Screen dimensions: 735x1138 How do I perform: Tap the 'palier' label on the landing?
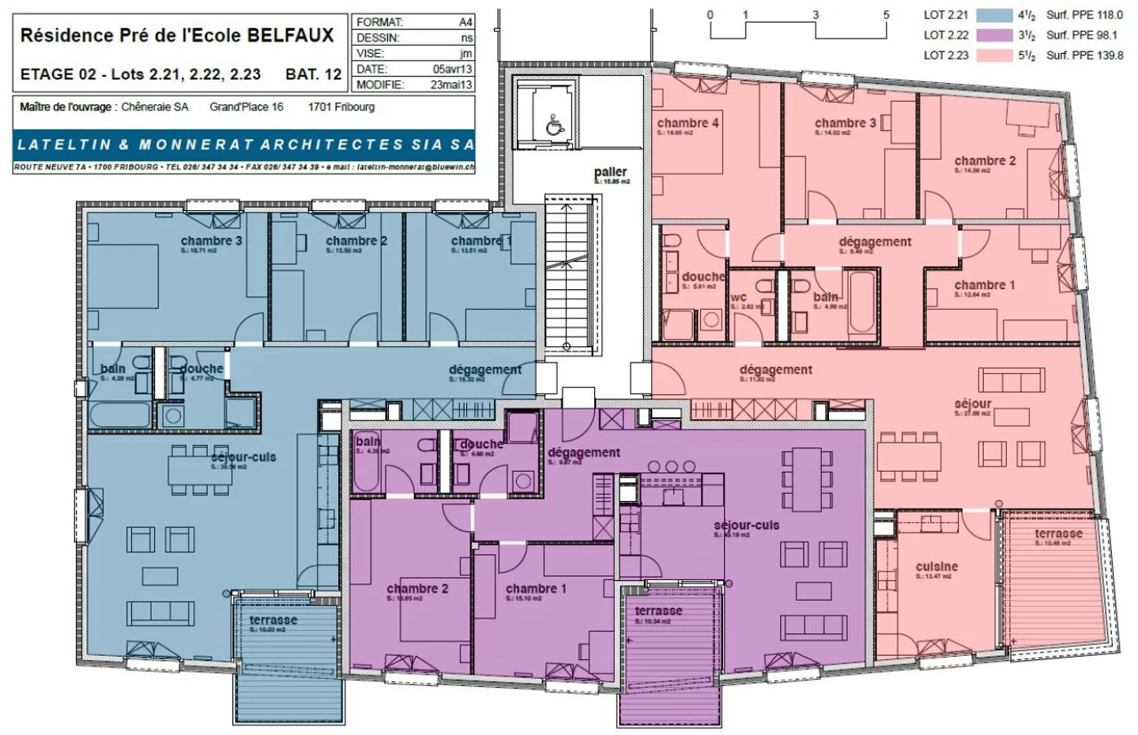[610, 171]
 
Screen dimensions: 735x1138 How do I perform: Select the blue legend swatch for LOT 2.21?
[994, 15]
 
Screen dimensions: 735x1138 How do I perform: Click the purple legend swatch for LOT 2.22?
[994, 35]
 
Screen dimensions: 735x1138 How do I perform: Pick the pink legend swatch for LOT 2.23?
[994, 55]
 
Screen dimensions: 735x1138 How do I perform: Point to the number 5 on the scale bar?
[886, 15]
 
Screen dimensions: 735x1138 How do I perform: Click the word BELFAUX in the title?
[291, 36]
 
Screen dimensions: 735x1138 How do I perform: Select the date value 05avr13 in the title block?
[452, 69]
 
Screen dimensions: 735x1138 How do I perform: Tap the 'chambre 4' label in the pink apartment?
[688, 122]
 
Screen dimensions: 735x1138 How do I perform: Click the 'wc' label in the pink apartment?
[738, 297]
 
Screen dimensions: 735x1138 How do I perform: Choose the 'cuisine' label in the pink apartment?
[936, 567]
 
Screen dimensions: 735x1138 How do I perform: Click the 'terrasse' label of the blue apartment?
[273, 620]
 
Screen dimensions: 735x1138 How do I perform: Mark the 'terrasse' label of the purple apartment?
[658, 611]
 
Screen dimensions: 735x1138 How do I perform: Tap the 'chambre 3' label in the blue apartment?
[211, 240]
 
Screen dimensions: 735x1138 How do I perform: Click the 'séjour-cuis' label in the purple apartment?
[746, 525]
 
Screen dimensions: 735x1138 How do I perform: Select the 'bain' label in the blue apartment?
[113, 369]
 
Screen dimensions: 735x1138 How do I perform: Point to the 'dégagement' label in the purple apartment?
[584, 452]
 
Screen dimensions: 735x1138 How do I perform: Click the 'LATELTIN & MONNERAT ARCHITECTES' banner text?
[244, 145]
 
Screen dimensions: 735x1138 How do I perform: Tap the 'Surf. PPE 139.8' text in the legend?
[1084, 55]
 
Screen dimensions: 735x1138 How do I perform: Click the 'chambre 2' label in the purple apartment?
[417, 589]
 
